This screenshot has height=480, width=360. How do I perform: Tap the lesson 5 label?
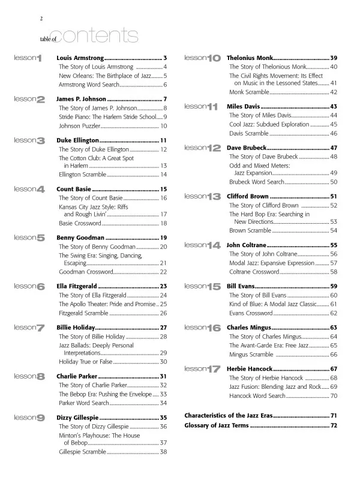point(29,238)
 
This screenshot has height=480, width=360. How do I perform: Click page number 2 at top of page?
point(41,18)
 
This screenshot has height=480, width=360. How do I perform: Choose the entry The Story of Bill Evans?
point(259,295)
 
